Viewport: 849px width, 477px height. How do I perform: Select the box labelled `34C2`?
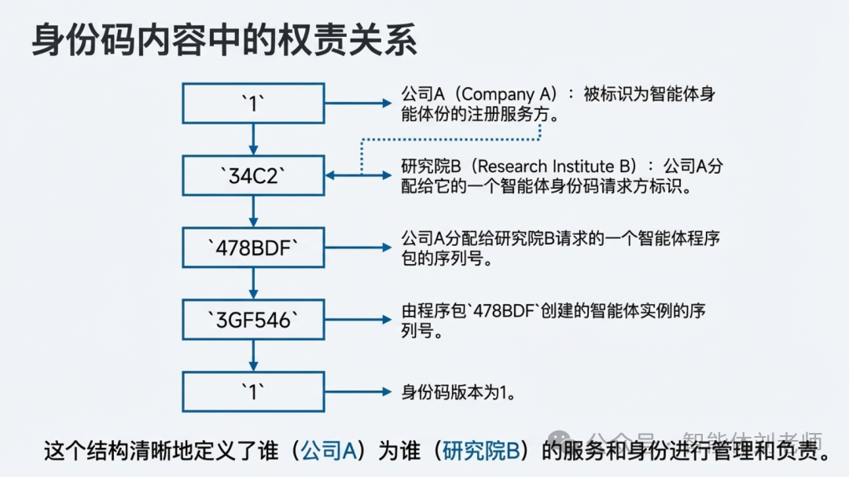pos(253,175)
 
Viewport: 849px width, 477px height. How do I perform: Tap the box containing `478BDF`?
pos(253,248)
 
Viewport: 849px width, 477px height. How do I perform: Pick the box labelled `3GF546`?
pos(253,319)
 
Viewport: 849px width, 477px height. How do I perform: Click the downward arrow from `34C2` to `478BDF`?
pos(253,211)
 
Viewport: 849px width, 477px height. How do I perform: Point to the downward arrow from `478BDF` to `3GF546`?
pos(253,283)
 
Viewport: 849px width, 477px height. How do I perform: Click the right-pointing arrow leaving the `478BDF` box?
pos(358,248)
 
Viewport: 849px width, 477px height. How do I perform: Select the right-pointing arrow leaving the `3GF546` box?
pos(358,319)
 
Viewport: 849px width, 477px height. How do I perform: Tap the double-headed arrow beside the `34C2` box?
pos(358,175)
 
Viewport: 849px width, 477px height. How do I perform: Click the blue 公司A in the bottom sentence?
pos(329,451)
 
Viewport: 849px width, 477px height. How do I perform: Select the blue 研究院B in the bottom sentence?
pos(480,451)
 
